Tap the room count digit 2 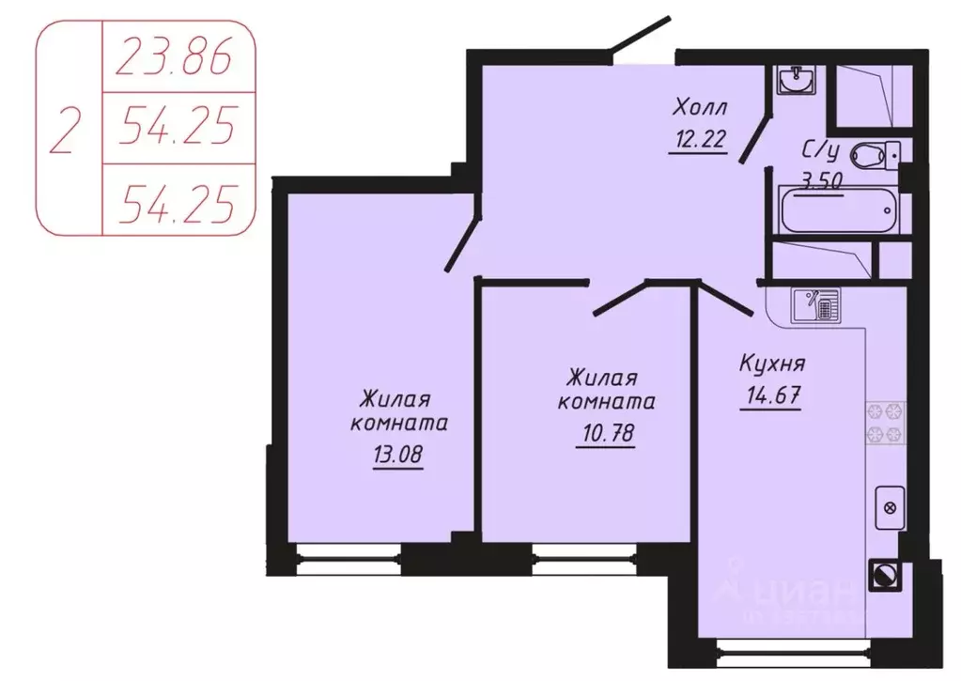point(66,130)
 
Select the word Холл point(700,109)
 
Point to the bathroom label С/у point(819,150)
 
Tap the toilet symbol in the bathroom point(874,153)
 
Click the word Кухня point(772,364)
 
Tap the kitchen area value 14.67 point(772,395)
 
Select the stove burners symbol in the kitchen point(885,423)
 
